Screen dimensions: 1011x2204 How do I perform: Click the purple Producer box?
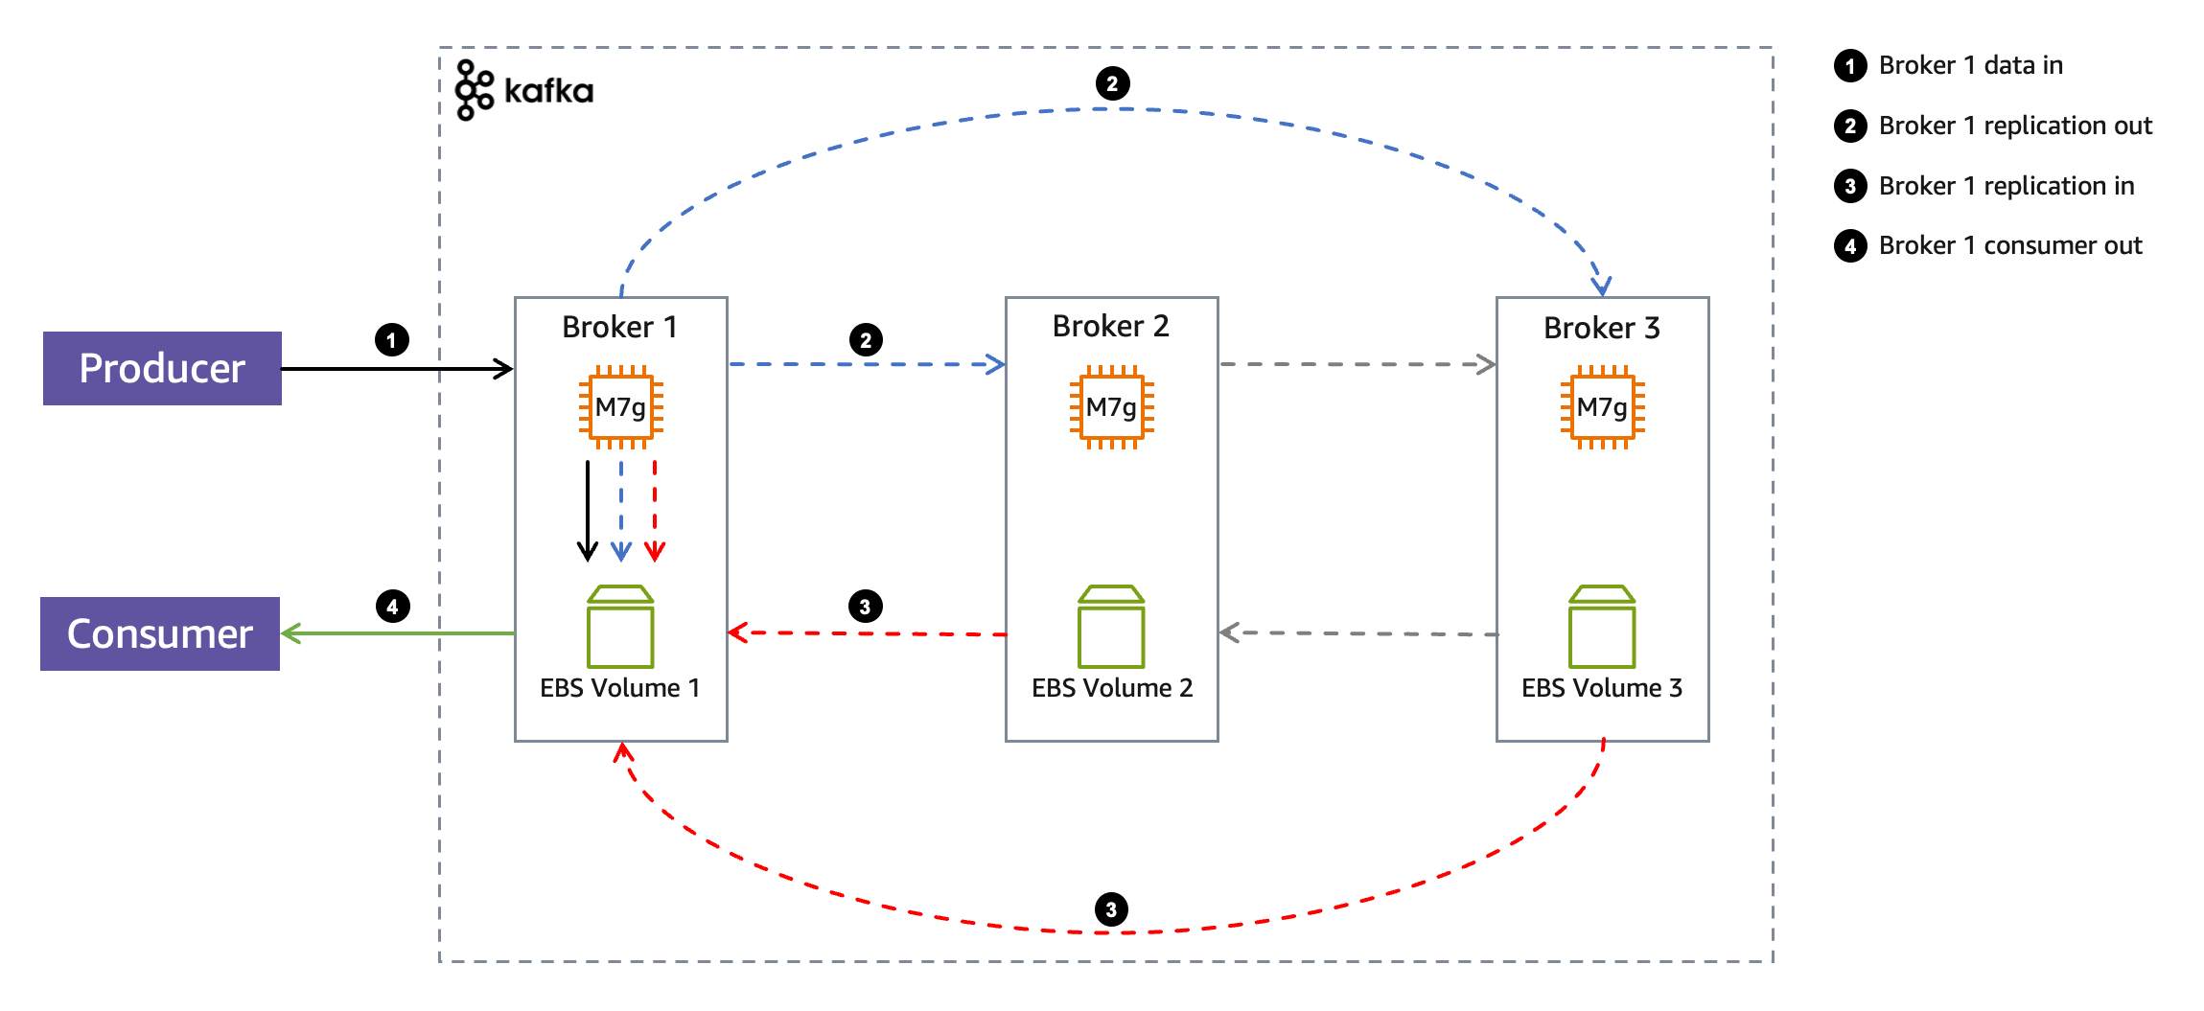(162, 368)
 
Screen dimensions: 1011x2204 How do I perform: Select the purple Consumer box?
(160, 633)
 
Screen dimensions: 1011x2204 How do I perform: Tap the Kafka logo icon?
(475, 90)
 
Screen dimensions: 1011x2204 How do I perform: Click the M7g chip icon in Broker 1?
(620, 407)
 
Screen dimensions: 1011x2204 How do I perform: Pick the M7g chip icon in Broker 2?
(1111, 407)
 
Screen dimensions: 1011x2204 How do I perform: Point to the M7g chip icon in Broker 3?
(1602, 407)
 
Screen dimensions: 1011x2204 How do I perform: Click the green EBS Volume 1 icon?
(620, 627)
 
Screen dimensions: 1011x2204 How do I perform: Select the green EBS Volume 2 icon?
(1111, 627)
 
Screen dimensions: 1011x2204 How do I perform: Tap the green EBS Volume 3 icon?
(1602, 627)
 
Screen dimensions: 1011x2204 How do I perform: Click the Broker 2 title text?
(1110, 326)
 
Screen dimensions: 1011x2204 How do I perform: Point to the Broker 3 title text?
(1601, 328)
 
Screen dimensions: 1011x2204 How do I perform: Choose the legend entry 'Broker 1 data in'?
(1970, 65)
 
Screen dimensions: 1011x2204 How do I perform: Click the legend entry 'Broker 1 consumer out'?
(2009, 245)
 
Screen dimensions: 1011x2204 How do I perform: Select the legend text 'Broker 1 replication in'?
(2006, 186)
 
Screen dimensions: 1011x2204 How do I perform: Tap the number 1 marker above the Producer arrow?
(391, 340)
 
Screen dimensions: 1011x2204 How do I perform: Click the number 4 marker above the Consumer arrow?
(392, 607)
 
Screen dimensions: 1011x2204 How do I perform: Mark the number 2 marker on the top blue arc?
(1112, 83)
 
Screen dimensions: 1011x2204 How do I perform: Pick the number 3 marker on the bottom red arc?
(1111, 909)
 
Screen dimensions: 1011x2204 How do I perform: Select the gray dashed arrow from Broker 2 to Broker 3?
(1357, 364)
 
